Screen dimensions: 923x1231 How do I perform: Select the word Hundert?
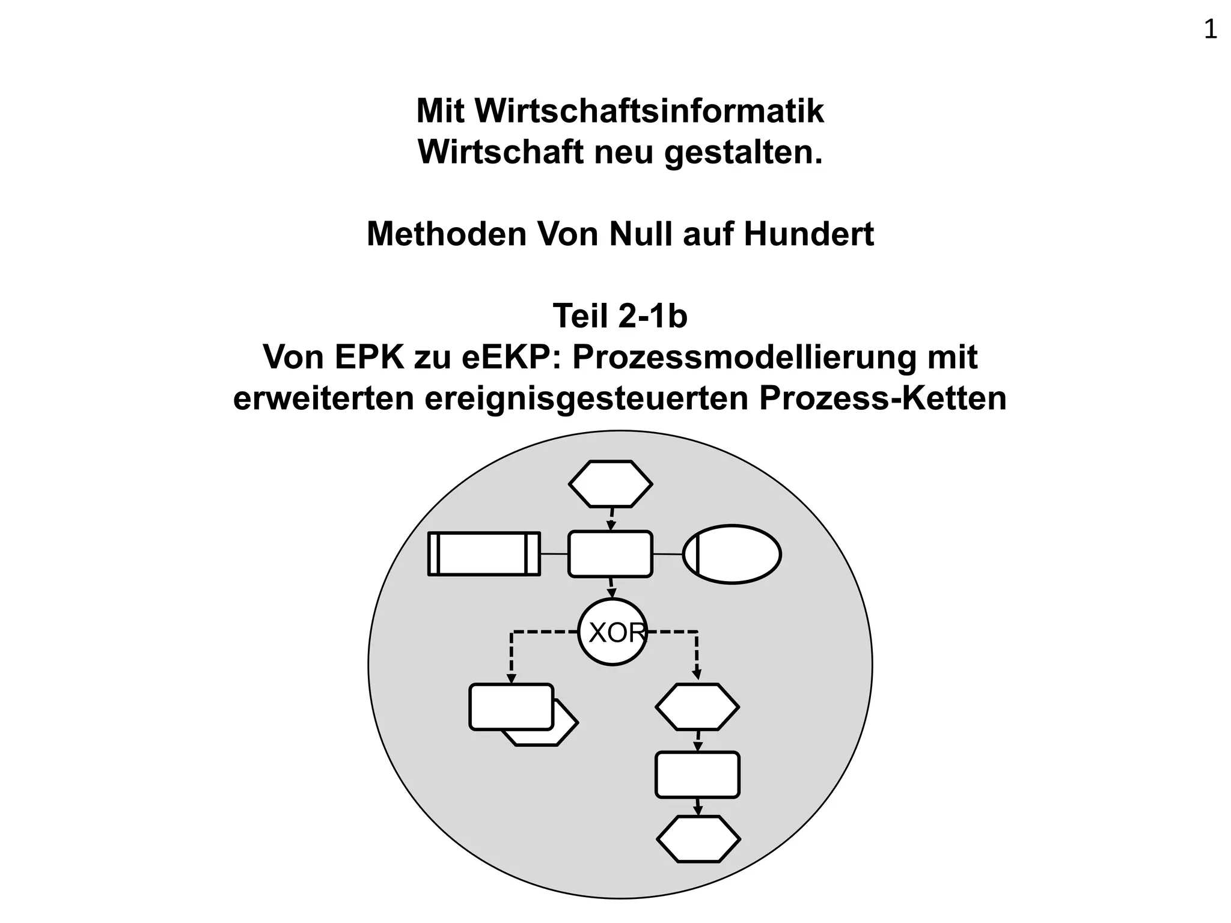click(808, 234)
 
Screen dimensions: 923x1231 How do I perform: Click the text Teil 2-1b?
click(620, 315)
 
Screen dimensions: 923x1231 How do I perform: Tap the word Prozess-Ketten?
click(882, 398)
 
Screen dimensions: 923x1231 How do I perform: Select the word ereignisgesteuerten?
click(586, 398)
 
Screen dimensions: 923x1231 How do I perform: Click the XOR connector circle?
click(612, 632)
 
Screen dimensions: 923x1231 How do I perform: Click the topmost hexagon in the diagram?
click(610, 484)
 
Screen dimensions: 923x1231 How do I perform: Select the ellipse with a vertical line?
click(732, 554)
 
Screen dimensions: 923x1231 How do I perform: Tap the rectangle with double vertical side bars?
click(484, 553)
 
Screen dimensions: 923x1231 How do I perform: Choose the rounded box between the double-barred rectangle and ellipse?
click(610, 554)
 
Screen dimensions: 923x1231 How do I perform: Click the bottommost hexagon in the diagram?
click(698, 839)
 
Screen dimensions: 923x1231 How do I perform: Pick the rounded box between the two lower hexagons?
click(697, 775)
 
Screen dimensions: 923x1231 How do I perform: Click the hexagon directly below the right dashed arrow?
click(697, 707)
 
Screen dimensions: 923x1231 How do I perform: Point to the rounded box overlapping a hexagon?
click(511, 707)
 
